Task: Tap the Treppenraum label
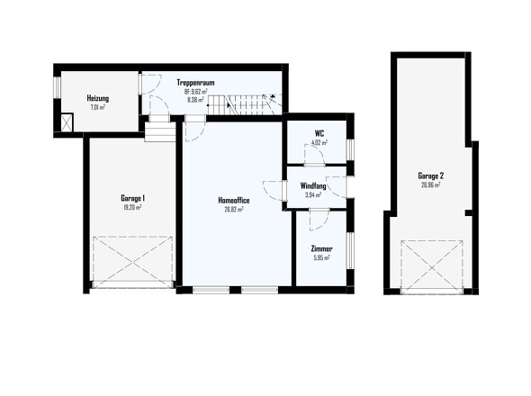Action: tap(195, 83)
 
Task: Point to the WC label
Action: tap(319, 133)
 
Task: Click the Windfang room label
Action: tap(313, 185)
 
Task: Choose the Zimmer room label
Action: tap(320, 248)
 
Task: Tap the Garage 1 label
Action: tap(133, 198)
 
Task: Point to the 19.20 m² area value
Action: tap(133, 207)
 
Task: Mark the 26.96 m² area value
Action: tap(430, 185)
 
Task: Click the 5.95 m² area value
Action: tap(320, 257)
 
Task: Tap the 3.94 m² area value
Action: tap(313, 194)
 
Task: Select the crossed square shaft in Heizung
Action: tap(67, 121)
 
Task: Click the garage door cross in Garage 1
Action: tap(133, 262)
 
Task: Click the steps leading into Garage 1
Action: tap(159, 132)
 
